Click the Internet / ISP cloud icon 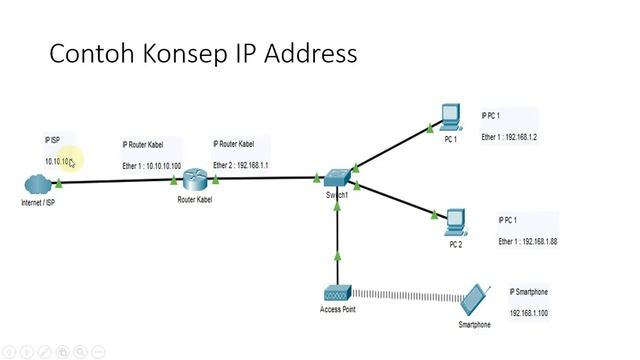[37, 184]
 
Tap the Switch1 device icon [337, 177]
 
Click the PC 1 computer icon [450, 117]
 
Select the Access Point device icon [337, 294]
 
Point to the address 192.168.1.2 [520, 137]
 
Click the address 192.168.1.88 [538, 241]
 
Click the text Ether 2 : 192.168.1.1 [241, 164]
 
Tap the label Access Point [337, 310]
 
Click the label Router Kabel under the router [194, 200]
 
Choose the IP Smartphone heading [529, 292]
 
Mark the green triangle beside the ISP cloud [60, 183]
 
